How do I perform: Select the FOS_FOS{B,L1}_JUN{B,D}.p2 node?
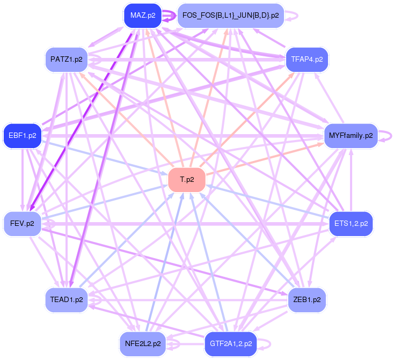pyautogui.click(x=230, y=16)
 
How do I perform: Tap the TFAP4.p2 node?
pyautogui.click(x=307, y=59)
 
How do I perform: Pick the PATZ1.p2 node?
pyautogui.click(x=67, y=59)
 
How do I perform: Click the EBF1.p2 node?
pyautogui.click(x=23, y=135)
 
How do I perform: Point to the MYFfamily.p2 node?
pyautogui.click(x=351, y=135)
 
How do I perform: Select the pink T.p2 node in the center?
pyautogui.click(x=186, y=179)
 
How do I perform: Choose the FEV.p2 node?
pyautogui.click(x=23, y=223)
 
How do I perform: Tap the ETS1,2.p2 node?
pyautogui.click(x=351, y=223)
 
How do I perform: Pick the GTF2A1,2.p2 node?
pyautogui.click(x=230, y=343)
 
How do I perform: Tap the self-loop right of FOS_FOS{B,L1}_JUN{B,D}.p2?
pyautogui.click(x=295, y=16)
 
